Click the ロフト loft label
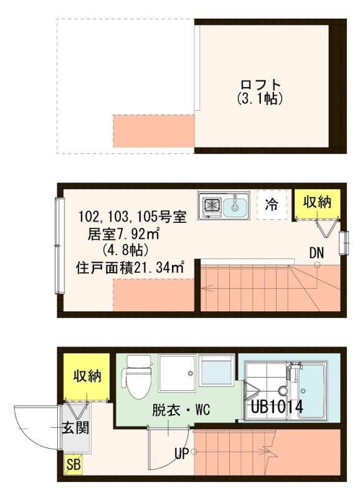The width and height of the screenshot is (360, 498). pyautogui.click(x=260, y=85)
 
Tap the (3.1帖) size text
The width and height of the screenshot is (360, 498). pyautogui.click(x=260, y=98)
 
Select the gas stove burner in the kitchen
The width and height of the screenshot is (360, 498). pyautogui.click(x=211, y=204)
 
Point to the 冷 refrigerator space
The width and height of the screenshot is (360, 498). pyautogui.click(x=272, y=205)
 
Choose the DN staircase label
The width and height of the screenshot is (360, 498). pyautogui.click(x=316, y=252)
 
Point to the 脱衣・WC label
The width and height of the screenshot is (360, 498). pyautogui.click(x=175, y=411)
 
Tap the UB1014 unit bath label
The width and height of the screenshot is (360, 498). pyautogui.click(x=277, y=407)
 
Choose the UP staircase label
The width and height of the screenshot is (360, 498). pyautogui.click(x=181, y=454)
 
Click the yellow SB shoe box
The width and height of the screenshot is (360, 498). pyautogui.click(x=73, y=464)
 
